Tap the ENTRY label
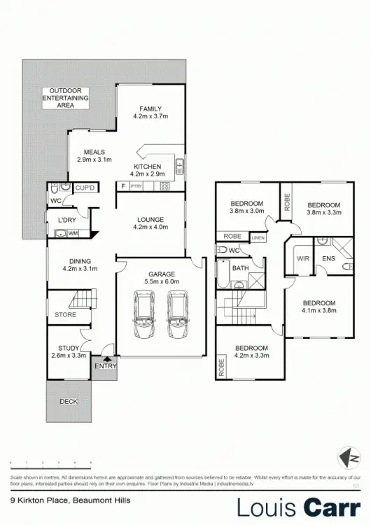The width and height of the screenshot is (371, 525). (x=105, y=365)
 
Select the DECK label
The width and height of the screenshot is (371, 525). (x=69, y=401)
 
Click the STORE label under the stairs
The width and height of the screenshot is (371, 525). (x=66, y=315)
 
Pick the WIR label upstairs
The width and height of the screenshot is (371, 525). (x=302, y=258)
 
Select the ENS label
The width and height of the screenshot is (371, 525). (x=329, y=258)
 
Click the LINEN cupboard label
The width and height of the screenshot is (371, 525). (x=258, y=238)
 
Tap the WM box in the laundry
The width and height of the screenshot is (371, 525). (x=73, y=233)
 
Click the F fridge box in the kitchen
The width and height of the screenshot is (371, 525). (x=123, y=186)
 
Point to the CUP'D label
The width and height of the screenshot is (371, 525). (x=85, y=188)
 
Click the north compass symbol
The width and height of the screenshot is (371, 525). (x=348, y=458)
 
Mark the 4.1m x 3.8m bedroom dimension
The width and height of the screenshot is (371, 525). (x=319, y=310)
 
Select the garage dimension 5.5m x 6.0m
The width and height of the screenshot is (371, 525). (x=161, y=281)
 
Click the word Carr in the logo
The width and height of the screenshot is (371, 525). (x=328, y=507)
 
